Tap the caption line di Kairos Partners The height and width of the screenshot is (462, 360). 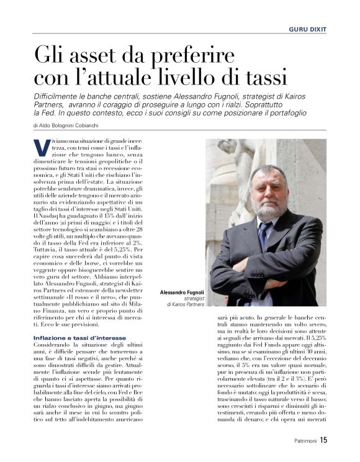click(187, 304)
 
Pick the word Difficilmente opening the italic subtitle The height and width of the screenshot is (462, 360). click(60, 93)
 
